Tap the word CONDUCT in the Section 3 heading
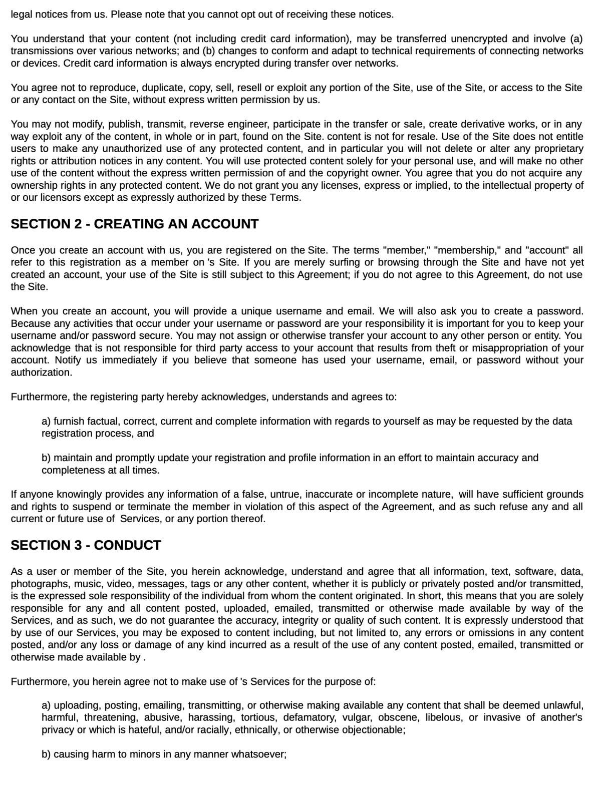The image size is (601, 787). (127, 545)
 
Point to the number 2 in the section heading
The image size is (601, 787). (78, 224)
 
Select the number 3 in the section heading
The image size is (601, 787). (78, 545)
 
